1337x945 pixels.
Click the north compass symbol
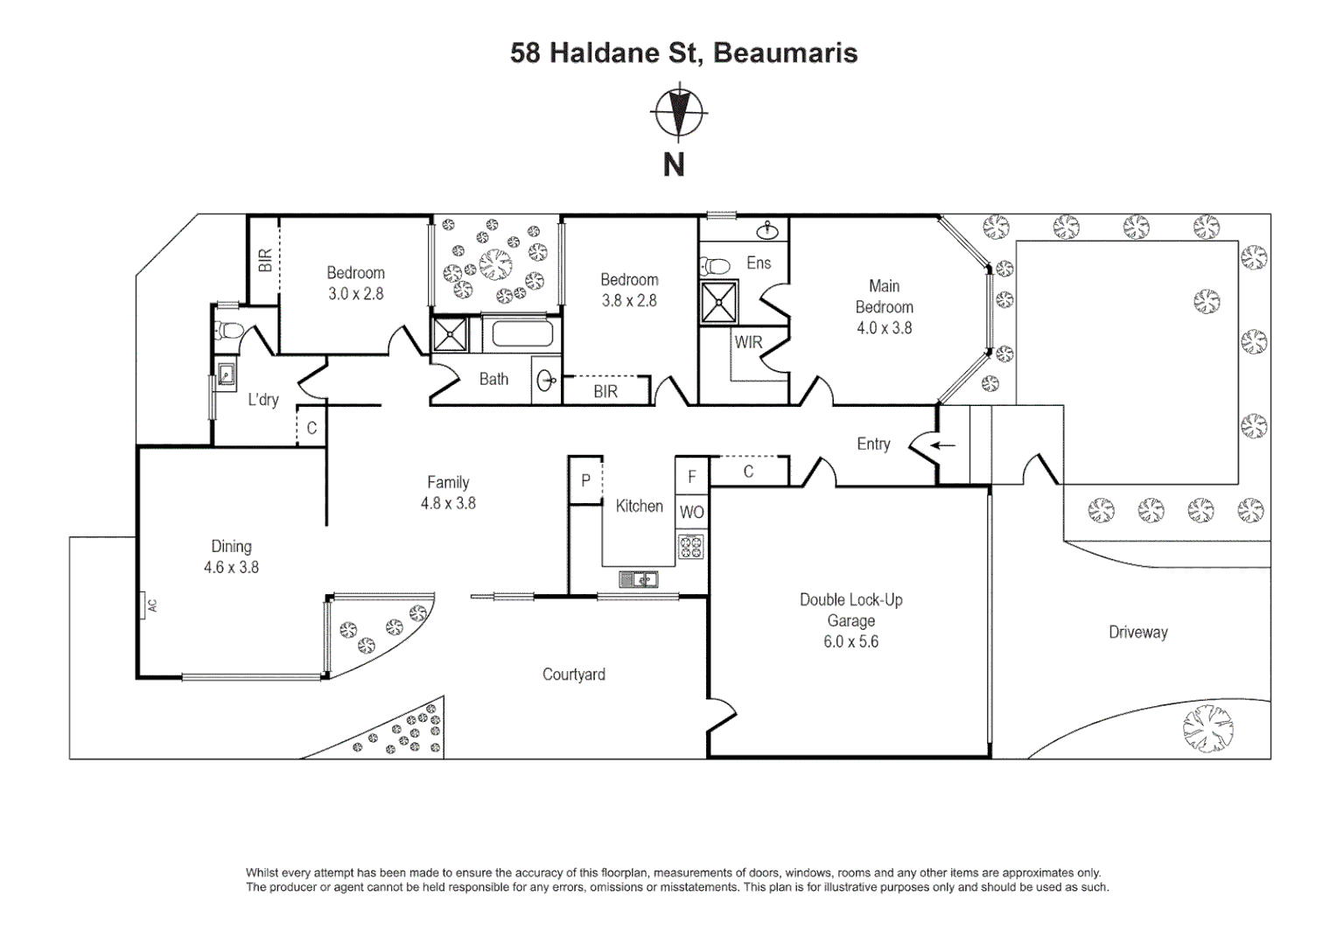pyautogui.click(x=678, y=113)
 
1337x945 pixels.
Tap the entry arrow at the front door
pyautogui.click(x=943, y=444)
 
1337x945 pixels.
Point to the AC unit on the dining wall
pyautogui.click(x=143, y=605)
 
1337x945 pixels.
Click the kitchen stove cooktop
pyautogui.click(x=690, y=546)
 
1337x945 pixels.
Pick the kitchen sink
pyautogui.click(x=638, y=579)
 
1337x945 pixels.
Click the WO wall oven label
pyautogui.click(x=692, y=512)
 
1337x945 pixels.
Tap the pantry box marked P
pyautogui.click(x=585, y=480)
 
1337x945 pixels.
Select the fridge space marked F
pyautogui.click(x=692, y=476)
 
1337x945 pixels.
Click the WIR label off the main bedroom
pyautogui.click(x=748, y=342)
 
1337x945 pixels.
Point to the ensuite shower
pyautogui.click(x=718, y=302)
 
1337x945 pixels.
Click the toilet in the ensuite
pyautogui.click(x=715, y=264)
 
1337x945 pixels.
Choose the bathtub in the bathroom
pyautogui.click(x=522, y=334)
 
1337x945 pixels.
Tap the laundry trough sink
pyautogui.click(x=227, y=374)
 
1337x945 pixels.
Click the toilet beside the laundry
pyautogui.click(x=228, y=330)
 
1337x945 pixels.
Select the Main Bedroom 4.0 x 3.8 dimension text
pyautogui.click(x=885, y=328)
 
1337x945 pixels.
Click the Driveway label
pyautogui.click(x=1138, y=633)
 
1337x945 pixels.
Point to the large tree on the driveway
pyautogui.click(x=1208, y=728)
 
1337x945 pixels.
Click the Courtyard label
pyautogui.click(x=574, y=675)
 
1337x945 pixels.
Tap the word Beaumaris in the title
pyautogui.click(x=786, y=52)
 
